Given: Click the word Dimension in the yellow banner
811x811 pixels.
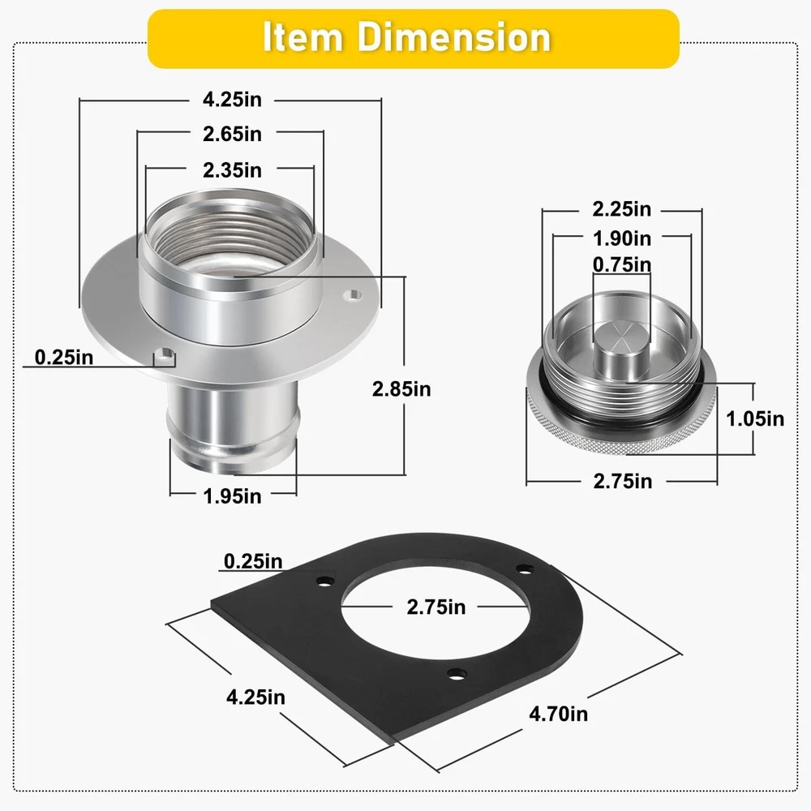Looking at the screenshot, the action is (453, 37).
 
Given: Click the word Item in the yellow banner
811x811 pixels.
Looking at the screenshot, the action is (303, 37).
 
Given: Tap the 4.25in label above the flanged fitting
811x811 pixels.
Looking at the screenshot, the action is (232, 99).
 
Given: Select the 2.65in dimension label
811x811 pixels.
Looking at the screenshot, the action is (232, 134).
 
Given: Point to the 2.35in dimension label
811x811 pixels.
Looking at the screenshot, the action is (232, 170).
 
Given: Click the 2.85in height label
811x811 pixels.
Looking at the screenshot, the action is (401, 389).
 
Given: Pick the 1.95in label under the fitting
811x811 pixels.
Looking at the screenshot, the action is (232, 496).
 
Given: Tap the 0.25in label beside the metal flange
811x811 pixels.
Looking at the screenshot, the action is (64, 358).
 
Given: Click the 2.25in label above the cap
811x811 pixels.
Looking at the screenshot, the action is (622, 209).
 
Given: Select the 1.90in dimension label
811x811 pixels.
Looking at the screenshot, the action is (622, 238).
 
